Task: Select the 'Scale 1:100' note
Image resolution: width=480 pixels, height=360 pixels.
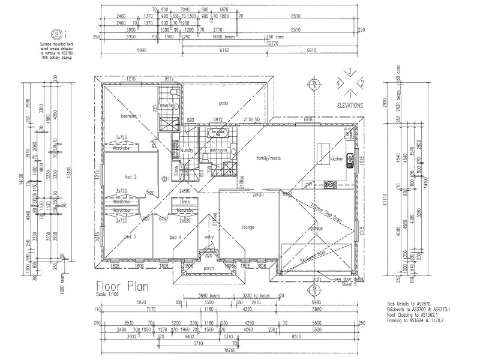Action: point(108,295)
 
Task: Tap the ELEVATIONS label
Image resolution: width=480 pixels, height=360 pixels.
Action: point(350,104)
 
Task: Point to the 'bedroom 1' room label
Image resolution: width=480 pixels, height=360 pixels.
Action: point(130,115)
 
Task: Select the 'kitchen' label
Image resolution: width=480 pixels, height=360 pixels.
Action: point(336,159)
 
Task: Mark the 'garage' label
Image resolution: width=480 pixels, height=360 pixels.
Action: point(316,228)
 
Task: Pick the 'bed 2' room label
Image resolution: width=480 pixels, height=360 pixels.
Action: point(131,176)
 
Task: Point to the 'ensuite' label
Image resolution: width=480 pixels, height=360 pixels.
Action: point(167,105)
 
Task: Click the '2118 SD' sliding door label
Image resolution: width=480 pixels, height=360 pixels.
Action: point(252,119)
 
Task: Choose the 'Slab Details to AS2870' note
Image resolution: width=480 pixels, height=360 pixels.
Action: point(409,304)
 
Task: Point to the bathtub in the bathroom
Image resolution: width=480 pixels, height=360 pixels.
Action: point(217,133)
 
